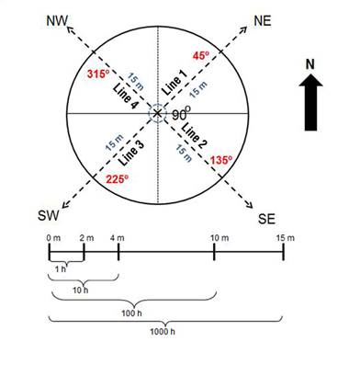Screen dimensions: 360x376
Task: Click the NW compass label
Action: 57,21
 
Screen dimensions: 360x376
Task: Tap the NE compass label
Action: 263,21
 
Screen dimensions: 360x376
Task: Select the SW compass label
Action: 48,215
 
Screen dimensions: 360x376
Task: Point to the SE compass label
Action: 266,219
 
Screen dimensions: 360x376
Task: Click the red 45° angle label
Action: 201,56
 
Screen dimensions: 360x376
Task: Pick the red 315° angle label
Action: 98,74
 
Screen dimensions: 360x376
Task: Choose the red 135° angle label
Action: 221,160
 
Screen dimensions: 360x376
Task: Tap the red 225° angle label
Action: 117,179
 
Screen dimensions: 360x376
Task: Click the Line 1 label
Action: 174,83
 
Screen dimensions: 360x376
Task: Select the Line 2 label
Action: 195,135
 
